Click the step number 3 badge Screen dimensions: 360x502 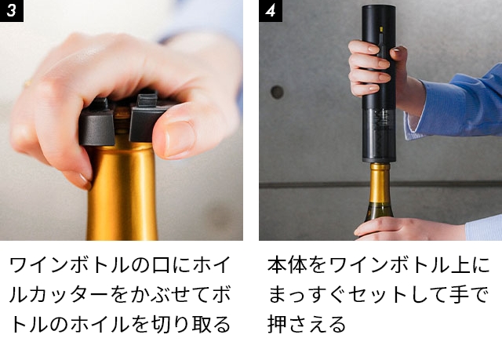point(9,10)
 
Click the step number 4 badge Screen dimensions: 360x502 point(270,10)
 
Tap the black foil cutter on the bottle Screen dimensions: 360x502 point(125,122)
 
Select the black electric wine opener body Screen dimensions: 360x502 point(379,55)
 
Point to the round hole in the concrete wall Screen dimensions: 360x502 point(277,92)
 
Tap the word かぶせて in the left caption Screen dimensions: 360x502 point(153,294)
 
